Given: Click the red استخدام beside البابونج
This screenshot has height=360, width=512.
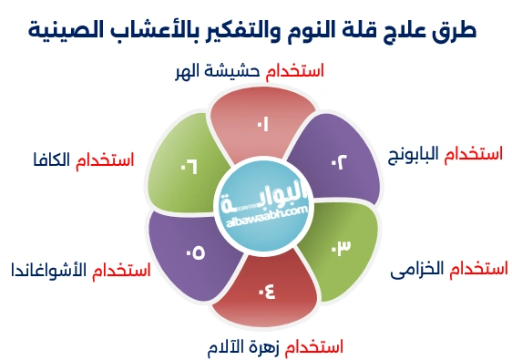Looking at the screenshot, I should click(x=473, y=154).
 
